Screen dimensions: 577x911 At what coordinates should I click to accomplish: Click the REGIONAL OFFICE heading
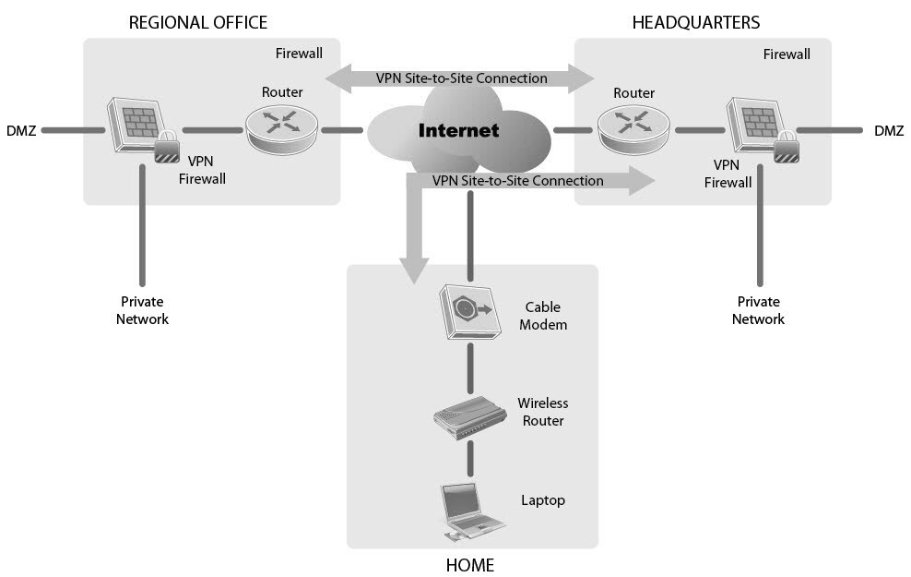(x=198, y=22)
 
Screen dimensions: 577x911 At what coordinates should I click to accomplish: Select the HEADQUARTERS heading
(x=696, y=22)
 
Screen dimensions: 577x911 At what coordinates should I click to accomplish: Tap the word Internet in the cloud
(x=458, y=130)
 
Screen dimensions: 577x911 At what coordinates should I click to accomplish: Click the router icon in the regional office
(x=281, y=128)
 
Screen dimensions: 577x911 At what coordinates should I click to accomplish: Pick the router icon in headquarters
(x=633, y=128)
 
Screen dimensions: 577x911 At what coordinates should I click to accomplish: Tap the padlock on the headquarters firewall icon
(x=786, y=149)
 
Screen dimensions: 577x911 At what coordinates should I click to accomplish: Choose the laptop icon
(x=470, y=511)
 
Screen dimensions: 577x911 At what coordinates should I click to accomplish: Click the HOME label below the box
(x=470, y=565)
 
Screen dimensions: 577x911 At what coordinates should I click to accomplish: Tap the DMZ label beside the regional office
(x=21, y=131)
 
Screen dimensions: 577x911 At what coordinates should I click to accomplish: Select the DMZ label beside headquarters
(x=889, y=131)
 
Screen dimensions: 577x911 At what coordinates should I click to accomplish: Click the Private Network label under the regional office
(x=142, y=310)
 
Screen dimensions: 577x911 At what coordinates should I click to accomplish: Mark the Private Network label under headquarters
(x=758, y=310)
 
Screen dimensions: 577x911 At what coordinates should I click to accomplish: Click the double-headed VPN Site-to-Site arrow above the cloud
(x=461, y=78)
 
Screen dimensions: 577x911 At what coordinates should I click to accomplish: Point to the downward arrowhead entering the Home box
(x=415, y=269)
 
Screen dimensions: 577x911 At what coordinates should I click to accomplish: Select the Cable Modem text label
(x=543, y=316)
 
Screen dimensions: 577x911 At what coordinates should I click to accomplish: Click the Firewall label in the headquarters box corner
(x=787, y=54)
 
